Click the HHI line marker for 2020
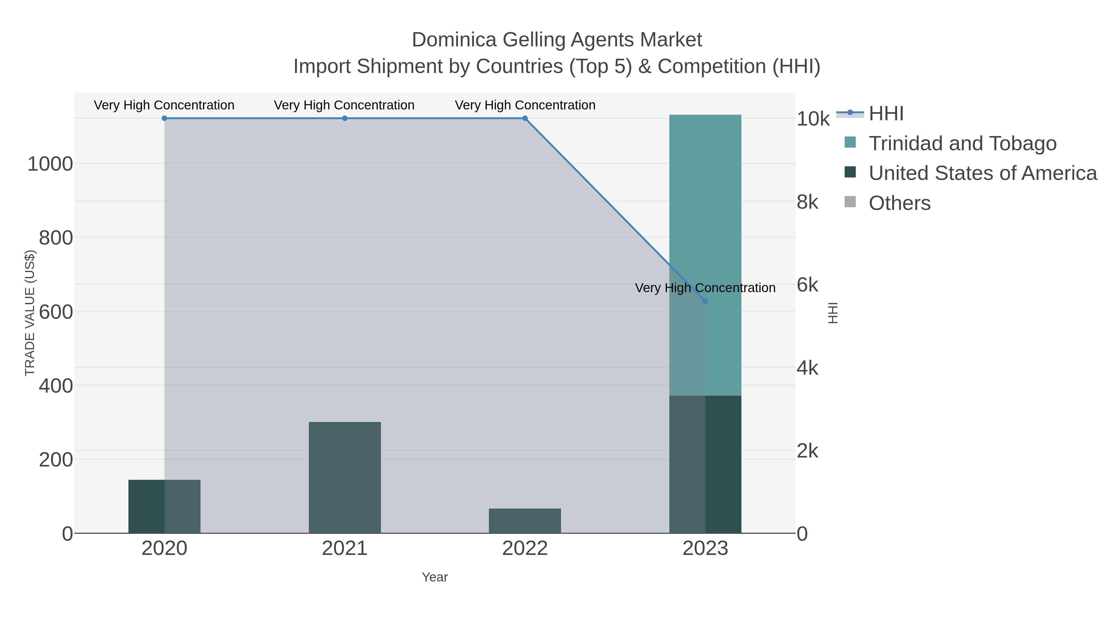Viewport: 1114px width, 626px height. pyautogui.click(x=164, y=118)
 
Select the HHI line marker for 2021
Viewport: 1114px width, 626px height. pyautogui.click(x=345, y=118)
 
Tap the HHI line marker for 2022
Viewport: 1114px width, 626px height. pyautogui.click(x=525, y=118)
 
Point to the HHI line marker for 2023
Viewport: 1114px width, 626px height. pyautogui.click(x=705, y=301)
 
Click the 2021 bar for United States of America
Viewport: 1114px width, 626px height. pyautogui.click(x=345, y=477)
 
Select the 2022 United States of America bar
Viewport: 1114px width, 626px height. pyautogui.click(x=525, y=521)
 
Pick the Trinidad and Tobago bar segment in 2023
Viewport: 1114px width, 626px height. pyautogui.click(x=705, y=255)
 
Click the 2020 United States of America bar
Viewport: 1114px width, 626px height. pyautogui.click(x=164, y=506)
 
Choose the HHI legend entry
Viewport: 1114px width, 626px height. pyautogui.click(x=886, y=114)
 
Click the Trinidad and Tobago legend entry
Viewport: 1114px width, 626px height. pyautogui.click(x=962, y=143)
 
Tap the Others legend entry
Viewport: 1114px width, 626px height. pyautogui.click(x=900, y=203)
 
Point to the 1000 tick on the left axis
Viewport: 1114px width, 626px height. pyautogui.click(x=50, y=164)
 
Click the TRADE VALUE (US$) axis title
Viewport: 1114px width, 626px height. pyautogui.click(x=30, y=313)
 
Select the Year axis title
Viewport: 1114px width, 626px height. pyautogui.click(x=435, y=577)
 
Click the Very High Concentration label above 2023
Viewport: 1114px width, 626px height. pyautogui.click(x=705, y=288)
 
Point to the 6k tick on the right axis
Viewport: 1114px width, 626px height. pyautogui.click(x=807, y=285)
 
